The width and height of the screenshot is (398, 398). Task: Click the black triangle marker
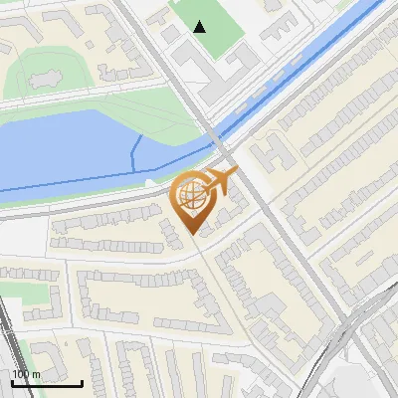[x=200, y=27]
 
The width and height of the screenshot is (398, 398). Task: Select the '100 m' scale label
[x=26, y=374]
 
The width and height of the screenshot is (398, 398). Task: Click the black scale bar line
[x=47, y=383]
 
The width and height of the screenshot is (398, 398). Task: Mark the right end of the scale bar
[x=82, y=383]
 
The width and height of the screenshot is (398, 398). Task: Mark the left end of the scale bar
[x=12, y=383]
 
